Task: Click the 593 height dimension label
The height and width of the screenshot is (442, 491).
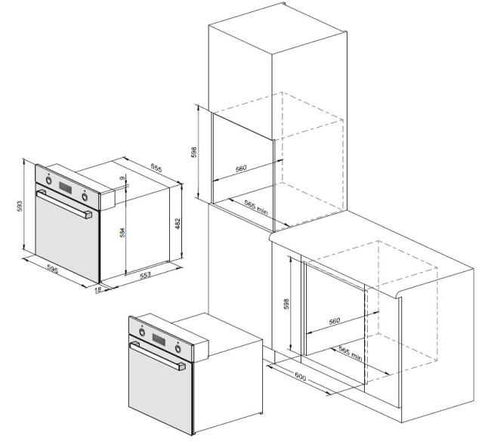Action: click(x=20, y=206)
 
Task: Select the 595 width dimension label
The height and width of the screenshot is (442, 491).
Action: click(x=53, y=269)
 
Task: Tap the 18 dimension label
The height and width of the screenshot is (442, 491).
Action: click(x=97, y=290)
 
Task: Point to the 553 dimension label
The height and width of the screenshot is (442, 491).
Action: click(x=145, y=275)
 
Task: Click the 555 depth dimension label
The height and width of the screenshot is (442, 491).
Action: click(x=156, y=168)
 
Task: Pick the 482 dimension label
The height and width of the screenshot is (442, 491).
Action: click(x=178, y=224)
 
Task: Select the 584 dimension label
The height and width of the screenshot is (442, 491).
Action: click(x=122, y=232)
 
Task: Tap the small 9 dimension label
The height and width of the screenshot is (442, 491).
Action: click(x=122, y=178)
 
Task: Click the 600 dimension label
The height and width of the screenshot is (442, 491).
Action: click(x=301, y=377)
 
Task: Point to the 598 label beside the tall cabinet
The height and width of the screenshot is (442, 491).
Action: click(x=194, y=152)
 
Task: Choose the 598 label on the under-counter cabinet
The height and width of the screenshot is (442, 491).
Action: click(x=286, y=304)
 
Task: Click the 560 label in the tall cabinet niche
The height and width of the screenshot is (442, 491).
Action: click(x=241, y=168)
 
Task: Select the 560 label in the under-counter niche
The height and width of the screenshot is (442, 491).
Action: click(x=335, y=321)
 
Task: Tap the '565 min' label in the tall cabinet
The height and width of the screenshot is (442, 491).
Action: click(x=256, y=207)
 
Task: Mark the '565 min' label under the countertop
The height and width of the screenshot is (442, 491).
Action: click(x=350, y=353)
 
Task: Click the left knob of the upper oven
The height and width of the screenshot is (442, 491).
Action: click(x=49, y=180)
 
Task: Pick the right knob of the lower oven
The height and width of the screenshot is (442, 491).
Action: click(x=178, y=348)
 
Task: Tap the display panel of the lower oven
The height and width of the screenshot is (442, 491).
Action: click(x=159, y=339)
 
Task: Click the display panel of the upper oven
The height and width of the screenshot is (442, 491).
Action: click(x=66, y=187)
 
